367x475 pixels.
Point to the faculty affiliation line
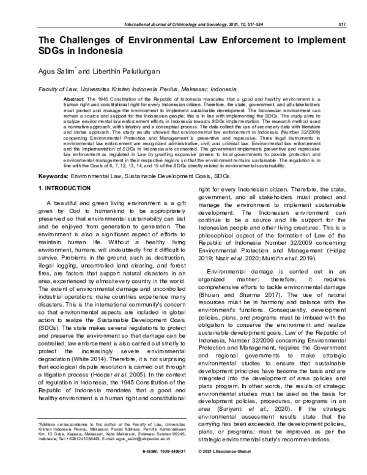click(x=128, y=89)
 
